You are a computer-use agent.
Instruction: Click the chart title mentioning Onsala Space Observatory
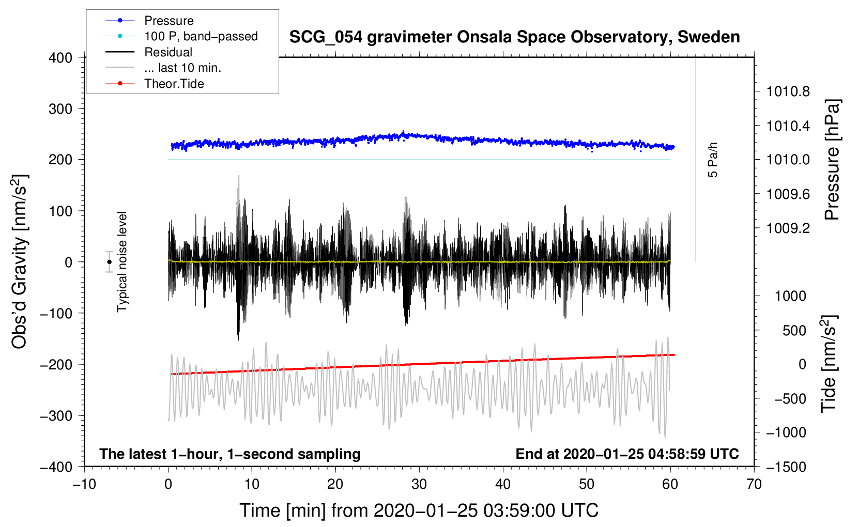tap(514, 37)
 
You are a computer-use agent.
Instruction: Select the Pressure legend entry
tap(168, 21)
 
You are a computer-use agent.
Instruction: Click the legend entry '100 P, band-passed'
tap(201, 36)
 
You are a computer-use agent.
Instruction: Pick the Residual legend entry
tap(168, 52)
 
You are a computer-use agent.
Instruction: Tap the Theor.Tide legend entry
tap(174, 84)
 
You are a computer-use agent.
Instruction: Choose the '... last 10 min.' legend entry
tap(182, 68)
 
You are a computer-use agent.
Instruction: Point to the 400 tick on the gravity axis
tap(60, 58)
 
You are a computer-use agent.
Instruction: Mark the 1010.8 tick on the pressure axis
tap(788, 92)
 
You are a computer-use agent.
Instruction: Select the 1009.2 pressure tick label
tap(788, 228)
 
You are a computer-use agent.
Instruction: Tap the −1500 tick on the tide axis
tap(786, 467)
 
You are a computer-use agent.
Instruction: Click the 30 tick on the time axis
tap(419, 484)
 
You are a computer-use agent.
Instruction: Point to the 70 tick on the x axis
tap(754, 484)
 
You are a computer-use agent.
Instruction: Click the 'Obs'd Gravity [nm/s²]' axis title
tap(20, 262)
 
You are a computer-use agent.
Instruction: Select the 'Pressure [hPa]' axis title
tap(832, 160)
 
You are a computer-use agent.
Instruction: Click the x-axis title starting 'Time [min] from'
tap(419, 510)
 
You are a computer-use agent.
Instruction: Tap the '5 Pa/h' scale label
tap(713, 160)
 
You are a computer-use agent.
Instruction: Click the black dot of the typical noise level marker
tap(110, 262)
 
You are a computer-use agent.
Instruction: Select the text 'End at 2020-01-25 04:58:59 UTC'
tap(627, 454)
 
